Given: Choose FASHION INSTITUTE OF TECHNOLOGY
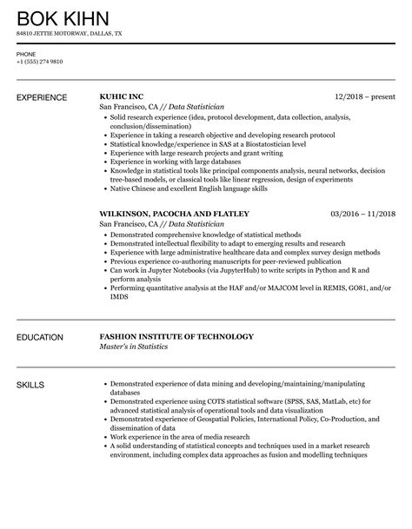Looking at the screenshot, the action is tap(177, 336).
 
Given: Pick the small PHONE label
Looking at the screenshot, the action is tap(25, 54).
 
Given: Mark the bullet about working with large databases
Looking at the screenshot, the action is tap(181, 162).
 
